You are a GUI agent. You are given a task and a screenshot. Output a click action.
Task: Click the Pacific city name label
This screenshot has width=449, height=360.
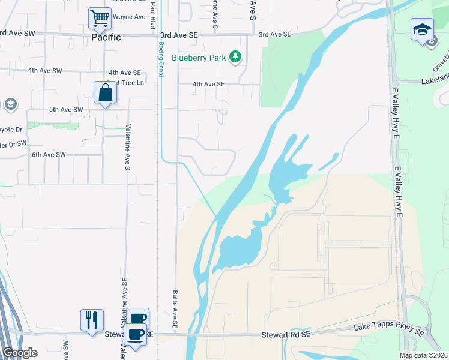(106, 37)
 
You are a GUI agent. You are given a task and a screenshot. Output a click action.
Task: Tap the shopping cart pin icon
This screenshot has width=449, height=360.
(99, 18)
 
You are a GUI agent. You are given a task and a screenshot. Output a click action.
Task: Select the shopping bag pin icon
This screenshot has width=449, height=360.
(105, 93)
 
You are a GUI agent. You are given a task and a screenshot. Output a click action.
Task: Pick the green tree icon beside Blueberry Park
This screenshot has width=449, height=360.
(237, 58)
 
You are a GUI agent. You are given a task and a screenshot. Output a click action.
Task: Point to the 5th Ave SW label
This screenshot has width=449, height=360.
(66, 110)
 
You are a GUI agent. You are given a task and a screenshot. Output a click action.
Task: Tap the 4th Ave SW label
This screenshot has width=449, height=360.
(45, 71)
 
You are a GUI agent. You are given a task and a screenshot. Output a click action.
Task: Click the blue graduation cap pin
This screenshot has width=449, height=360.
(422, 29)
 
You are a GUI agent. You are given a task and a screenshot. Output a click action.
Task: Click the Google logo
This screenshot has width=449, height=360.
(19, 353)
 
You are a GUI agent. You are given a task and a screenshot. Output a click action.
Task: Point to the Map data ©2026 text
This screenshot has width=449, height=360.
(423, 355)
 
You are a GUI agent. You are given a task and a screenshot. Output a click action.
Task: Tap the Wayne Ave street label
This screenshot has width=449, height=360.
(129, 17)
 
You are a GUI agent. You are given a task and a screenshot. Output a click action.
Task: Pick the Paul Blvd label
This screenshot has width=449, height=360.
(153, 13)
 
